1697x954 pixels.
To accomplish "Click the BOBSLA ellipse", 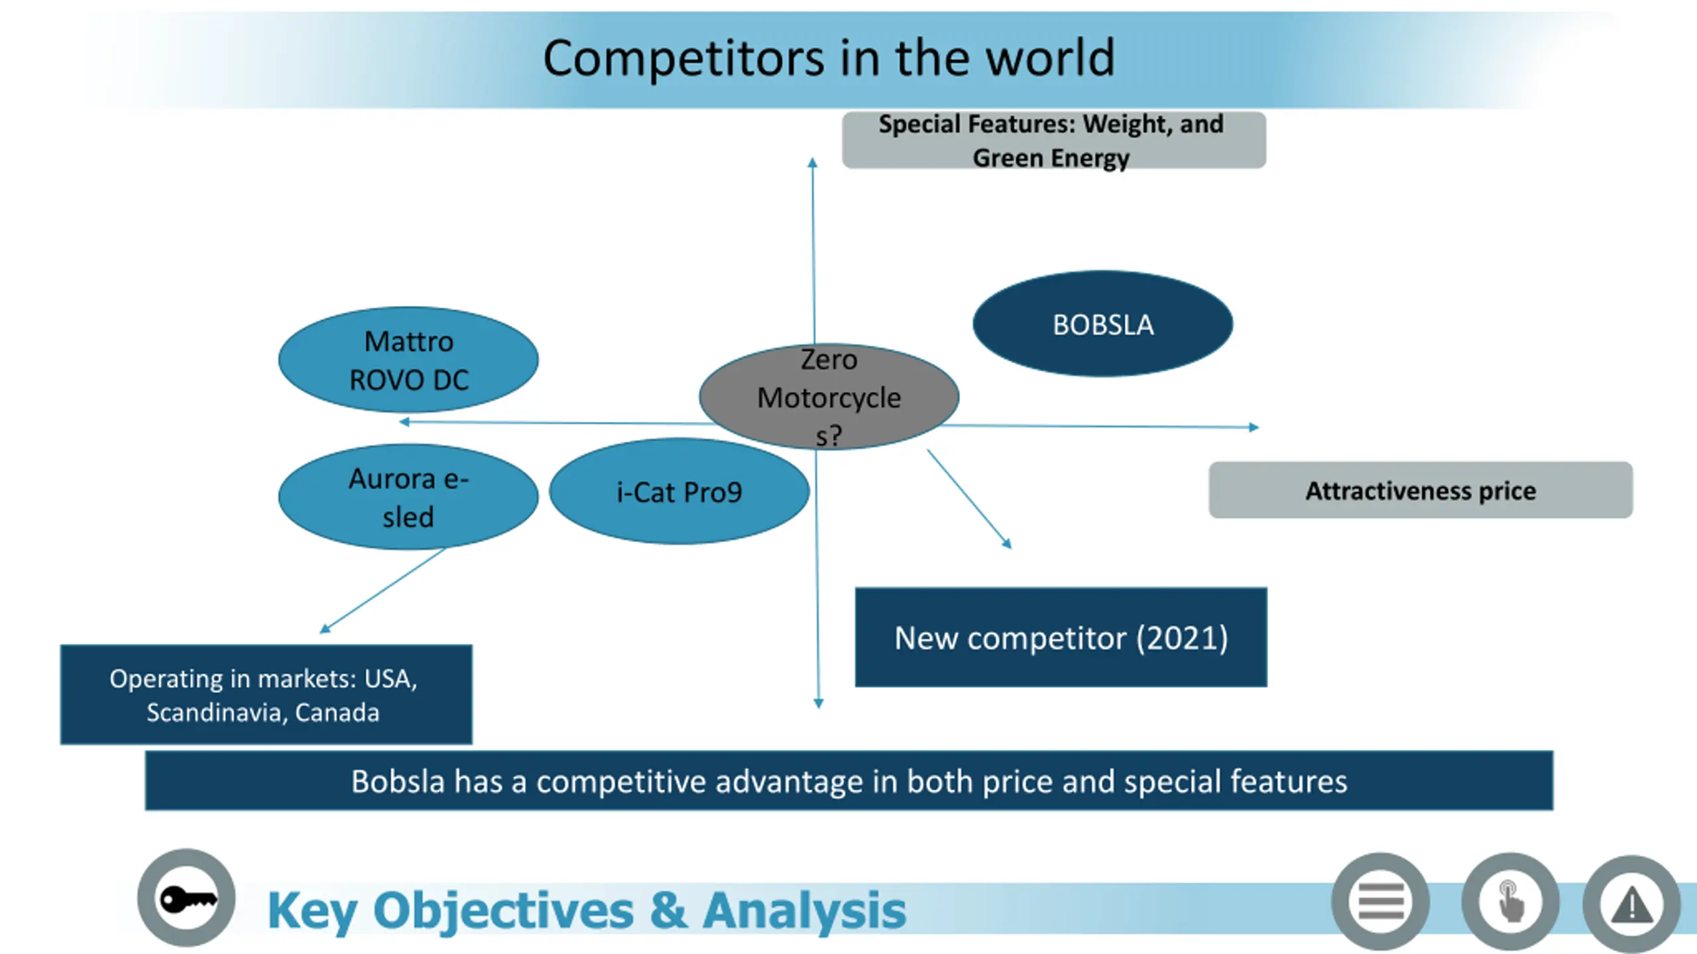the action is tap(1102, 324).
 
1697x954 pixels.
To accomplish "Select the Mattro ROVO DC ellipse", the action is tap(408, 360).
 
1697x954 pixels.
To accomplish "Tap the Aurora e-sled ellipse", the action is tap(408, 497).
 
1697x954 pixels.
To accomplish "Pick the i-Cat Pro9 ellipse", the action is tap(679, 492).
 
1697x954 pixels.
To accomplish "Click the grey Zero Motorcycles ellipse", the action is tap(829, 397).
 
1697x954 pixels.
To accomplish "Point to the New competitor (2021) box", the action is tap(1061, 637).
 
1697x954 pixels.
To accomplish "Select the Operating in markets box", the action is tap(266, 694).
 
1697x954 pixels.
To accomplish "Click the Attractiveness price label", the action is tap(1420, 490).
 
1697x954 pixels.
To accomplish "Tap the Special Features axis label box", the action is tap(1053, 140).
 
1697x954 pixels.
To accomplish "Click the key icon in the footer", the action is tap(186, 898).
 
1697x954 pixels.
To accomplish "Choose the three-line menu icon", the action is tap(1381, 902).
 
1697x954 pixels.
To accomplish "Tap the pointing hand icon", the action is tap(1510, 902).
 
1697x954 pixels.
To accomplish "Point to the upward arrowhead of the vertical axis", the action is tap(813, 162).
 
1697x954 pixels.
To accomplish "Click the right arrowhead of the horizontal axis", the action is tap(1254, 427).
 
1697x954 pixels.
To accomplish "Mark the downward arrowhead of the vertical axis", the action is tap(819, 704).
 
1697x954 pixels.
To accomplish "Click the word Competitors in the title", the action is tap(683, 58).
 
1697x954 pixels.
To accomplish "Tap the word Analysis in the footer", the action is tap(804, 911).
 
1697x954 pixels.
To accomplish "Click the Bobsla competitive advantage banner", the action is tap(849, 780).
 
